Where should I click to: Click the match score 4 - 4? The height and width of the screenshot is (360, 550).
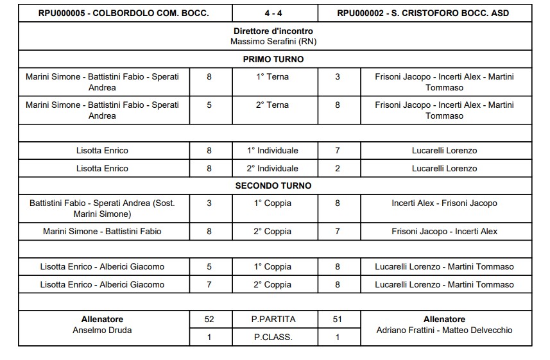[x=275, y=13]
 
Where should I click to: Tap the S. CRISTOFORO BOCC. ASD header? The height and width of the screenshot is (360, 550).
[x=425, y=13]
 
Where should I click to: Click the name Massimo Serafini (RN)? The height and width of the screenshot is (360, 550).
[x=274, y=41]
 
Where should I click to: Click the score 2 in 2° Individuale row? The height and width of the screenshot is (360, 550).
[x=338, y=168]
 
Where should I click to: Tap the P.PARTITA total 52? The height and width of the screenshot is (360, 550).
[x=209, y=319]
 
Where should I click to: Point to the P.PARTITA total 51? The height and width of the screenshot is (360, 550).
[x=338, y=319]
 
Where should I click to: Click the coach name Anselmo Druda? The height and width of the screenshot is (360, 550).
[x=102, y=330]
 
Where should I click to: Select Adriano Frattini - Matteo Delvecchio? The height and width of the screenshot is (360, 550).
[x=444, y=330]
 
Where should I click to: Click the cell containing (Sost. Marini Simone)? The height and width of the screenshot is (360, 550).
[x=102, y=209]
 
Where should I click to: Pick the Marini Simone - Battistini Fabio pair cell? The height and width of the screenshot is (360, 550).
[x=102, y=231]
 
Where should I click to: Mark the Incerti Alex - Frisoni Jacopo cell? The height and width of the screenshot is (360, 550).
[x=444, y=203]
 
